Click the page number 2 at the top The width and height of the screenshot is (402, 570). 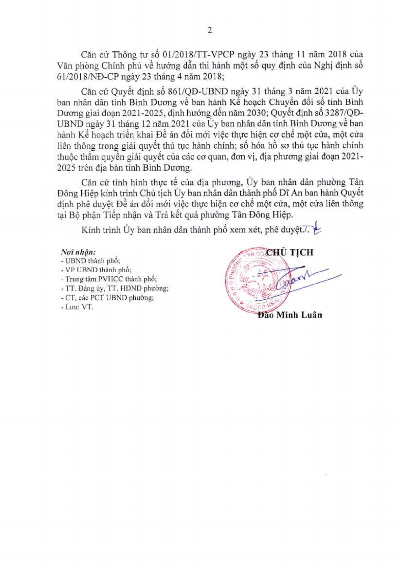click(210, 30)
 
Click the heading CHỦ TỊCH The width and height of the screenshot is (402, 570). click(290, 252)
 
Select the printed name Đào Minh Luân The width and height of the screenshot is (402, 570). click(290, 315)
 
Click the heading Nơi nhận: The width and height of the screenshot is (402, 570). click(78, 252)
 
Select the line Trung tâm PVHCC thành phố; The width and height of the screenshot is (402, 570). click(109, 279)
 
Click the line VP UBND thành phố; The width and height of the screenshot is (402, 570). click(96, 270)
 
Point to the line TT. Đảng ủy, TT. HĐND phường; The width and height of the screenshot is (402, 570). click(114, 289)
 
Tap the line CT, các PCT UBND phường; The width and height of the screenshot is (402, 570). click(107, 298)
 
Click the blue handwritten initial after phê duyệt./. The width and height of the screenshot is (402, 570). click(317, 228)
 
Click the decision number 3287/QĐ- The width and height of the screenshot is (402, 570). click(342, 113)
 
